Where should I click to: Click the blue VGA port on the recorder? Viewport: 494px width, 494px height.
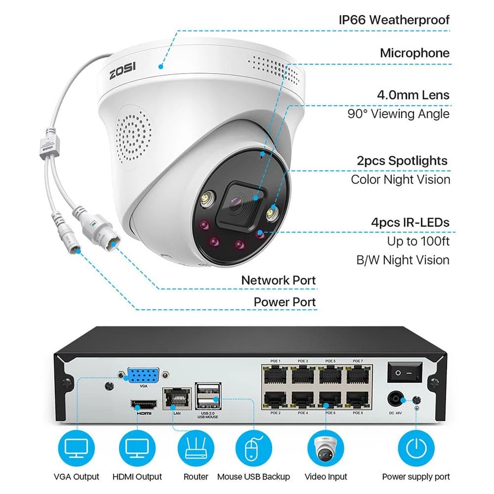pyautogui.click(x=143, y=374)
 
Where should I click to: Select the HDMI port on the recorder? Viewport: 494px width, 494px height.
pyautogui.click(x=143, y=406)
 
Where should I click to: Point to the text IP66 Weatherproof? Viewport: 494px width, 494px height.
pyautogui.click(x=394, y=20)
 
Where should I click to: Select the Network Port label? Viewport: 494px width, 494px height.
pyautogui.click(x=278, y=281)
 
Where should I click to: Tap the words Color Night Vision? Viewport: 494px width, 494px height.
pyautogui.click(x=400, y=179)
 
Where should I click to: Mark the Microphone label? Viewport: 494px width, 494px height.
pyautogui.click(x=414, y=53)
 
